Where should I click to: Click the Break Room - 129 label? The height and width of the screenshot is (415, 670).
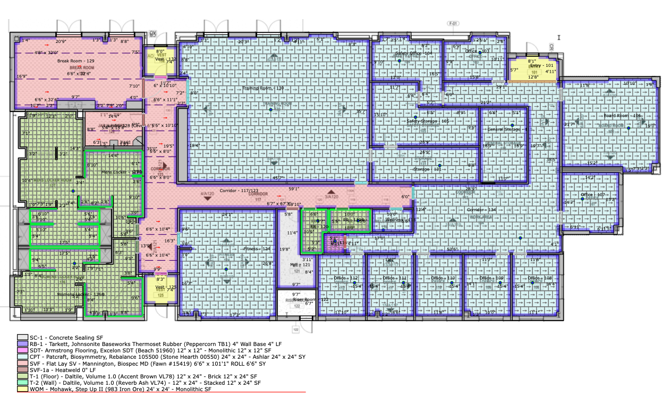click(76, 61)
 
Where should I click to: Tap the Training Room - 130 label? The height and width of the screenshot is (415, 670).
click(264, 88)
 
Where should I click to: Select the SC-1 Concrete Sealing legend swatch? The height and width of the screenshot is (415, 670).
click(22, 337)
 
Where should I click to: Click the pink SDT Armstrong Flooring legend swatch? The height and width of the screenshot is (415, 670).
click(22, 351)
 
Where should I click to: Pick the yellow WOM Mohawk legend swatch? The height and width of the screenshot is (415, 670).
click(22, 389)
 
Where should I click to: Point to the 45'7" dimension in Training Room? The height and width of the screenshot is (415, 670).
click(278, 178)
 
